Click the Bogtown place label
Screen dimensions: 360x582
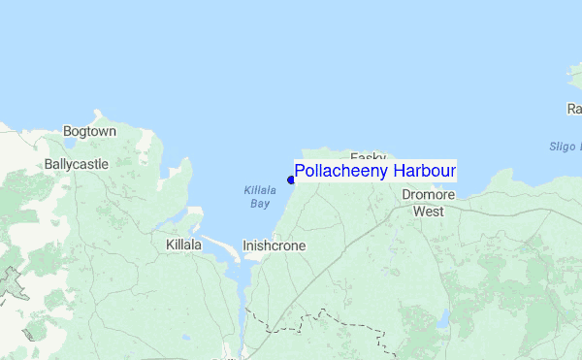pyautogui.click(x=89, y=131)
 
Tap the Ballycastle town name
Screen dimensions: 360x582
pyautogui.click(x=77, y=165)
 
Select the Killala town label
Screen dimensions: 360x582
pyautogui.click(x=183, y=245)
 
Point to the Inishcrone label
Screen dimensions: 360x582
pyautogui.click(x=274, y=246)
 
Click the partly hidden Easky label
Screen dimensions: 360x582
pyautogui.click(x=368, y=156)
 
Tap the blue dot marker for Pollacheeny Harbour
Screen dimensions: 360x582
pyautogui.click(x=291, y=180)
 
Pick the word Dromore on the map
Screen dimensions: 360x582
pyautogui.click(x=429, y=195)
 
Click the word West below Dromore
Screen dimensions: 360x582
pyautogui.click(x=428, y=211)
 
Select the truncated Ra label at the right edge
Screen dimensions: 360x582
pyautogui.click(x=573, y=109)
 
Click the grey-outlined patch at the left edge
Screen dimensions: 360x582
pyautogui.click(x=12, y=283)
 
